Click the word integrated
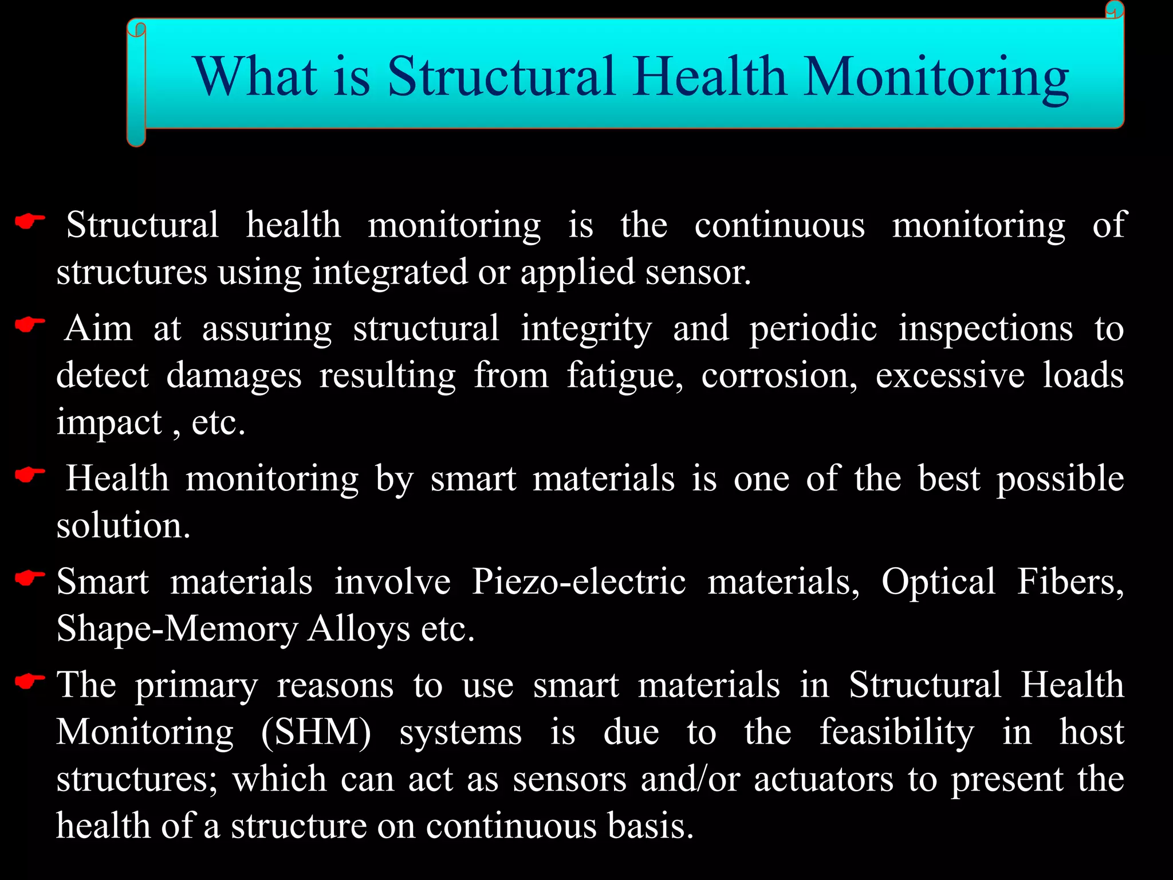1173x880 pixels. pos(389,272)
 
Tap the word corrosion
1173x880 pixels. pos(779,376)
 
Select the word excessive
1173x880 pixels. pos(950,376)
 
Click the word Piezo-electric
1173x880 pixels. pos(578,582)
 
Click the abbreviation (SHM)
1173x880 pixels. pos(316,733)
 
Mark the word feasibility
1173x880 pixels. pos(896,733)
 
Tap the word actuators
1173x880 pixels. pos(823,780)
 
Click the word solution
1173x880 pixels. pos(123,525)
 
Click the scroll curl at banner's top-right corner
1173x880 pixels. pos(1115,10)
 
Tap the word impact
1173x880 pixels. pos(109,423)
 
